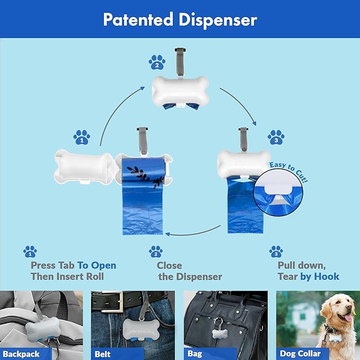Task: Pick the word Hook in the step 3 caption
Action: pyautogui.click(x=326, y=276)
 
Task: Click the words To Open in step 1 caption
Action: pyautogui.click(x=96, y=265)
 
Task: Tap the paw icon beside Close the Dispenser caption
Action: pyautogui.click(x=155, y=251)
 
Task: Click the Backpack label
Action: pyautogui.click(x=21, y=354)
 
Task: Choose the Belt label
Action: pyautogui.click(x=103, y=354)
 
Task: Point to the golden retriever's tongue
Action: pyautogui.click(x=349, y=318)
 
